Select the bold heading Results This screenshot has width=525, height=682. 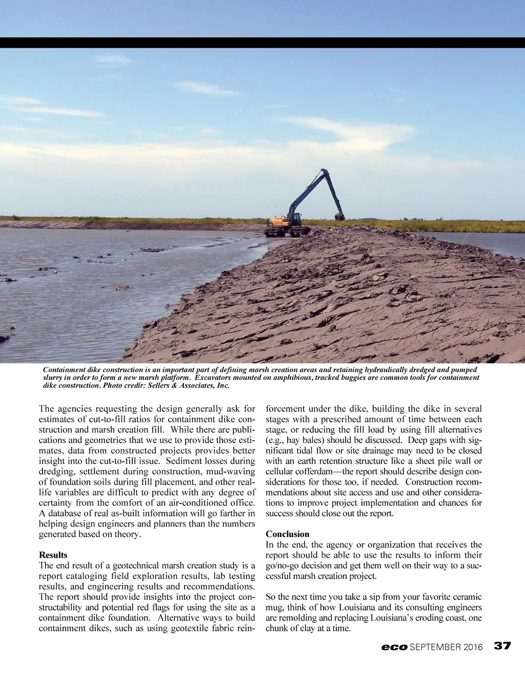point(53,555)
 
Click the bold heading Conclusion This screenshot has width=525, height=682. point(287,534)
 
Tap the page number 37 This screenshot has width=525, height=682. point(502,646)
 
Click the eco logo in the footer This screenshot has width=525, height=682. point(394,647)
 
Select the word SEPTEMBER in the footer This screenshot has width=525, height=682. point(435,647)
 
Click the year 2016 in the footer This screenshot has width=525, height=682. point(473,647)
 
